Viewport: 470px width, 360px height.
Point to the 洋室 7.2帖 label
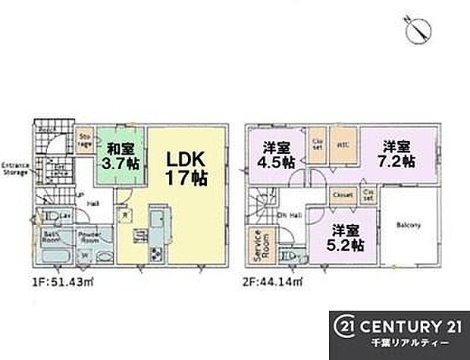pos(398,155)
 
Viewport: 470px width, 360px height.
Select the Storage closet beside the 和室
pos(86,139)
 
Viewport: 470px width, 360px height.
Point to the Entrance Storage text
pos(14,168)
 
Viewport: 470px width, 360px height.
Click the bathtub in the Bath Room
pos(53,254)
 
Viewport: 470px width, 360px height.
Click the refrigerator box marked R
pos(124,214)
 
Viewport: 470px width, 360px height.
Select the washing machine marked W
pos(84,254)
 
